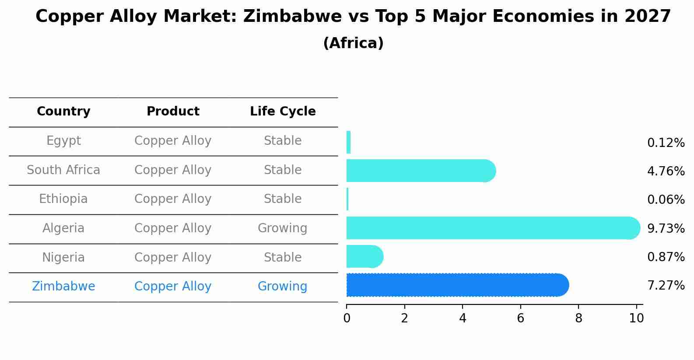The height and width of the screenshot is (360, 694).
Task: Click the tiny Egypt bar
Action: (348, 142)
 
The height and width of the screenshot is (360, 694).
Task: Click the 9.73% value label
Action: (666, 228)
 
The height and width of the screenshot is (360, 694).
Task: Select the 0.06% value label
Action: (666, 200)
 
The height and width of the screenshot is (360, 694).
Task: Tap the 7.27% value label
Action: (666, 286)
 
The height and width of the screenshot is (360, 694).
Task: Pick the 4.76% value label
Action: (666, 171)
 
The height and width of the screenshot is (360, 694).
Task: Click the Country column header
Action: (63, 112)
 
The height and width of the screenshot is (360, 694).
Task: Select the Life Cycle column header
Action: (283, 112)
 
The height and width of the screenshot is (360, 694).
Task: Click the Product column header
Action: (173, 112)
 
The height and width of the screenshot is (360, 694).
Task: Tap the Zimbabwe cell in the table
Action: (63, 287)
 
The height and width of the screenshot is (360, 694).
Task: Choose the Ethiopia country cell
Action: (63, 199)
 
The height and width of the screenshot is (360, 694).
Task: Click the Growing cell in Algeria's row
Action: (282, 228)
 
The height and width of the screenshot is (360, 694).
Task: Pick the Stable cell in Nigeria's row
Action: (282, 257)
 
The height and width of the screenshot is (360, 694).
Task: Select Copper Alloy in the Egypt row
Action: (173, 141)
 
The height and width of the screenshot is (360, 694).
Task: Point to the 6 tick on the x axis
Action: (520, 318)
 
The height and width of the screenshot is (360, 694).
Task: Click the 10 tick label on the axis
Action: (636, 318)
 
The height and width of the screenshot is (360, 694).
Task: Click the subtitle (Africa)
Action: (353, 43)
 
